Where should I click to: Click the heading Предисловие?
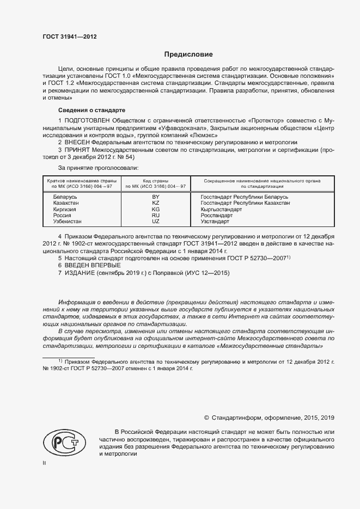(x=189, y=54)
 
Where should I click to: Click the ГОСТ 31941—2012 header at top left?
(x=69, y=36)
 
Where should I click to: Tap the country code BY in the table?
(x=155, y=197)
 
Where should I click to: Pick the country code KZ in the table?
(x=155, y=203)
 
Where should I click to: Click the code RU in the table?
(x=155, y=216)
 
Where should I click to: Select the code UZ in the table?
(x=155, y=222)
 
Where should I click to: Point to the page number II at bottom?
(x=45, y=463)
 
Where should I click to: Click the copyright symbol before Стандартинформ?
(x=206, y=418)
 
